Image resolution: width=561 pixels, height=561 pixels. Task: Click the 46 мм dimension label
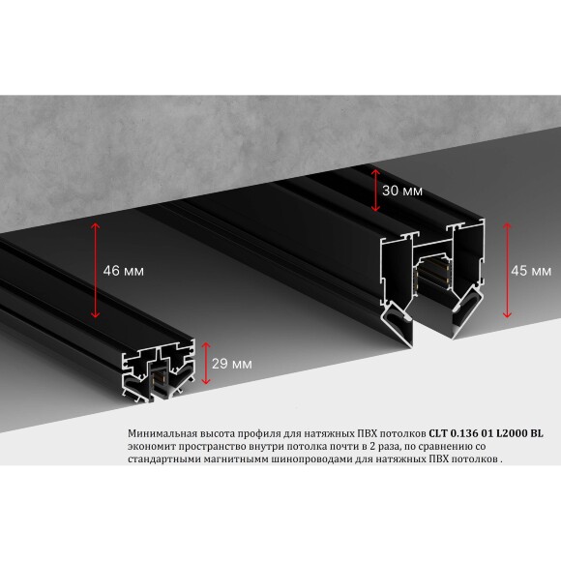tap(123, 272)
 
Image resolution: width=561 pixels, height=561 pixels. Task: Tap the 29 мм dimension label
tap(233, 364)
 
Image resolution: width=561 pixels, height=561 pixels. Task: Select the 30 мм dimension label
tap(402, 191)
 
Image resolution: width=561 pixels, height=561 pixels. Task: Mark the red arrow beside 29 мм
tap(206, 363)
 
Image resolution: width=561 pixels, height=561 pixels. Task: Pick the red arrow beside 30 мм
tap(375, 190)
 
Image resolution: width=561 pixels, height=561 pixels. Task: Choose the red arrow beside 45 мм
tap(507, 270)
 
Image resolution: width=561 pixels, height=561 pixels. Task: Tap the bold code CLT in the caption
tap(441, 433)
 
